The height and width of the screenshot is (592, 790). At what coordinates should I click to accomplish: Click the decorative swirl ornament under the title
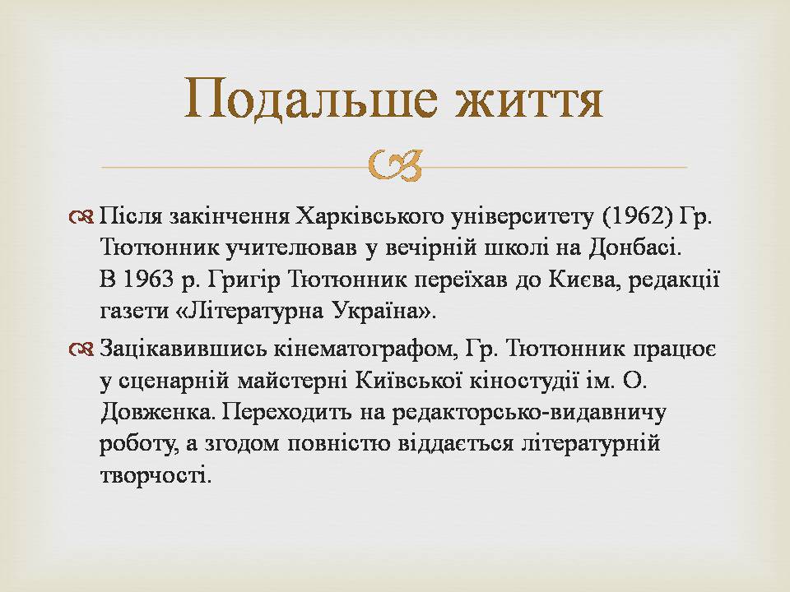tap(394, 165)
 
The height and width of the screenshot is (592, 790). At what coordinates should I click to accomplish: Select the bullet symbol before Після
tap(81, 217)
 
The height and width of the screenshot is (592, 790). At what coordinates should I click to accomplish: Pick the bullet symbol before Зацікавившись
tap(81, 349)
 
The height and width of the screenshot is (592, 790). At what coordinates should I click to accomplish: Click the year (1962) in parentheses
tap(637, 216)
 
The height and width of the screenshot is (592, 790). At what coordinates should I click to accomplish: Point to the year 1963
tap(149, 280)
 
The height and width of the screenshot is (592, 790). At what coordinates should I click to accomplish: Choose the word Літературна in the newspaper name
tap(250, 312)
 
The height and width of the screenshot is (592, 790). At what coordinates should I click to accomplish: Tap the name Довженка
tap(159, 413)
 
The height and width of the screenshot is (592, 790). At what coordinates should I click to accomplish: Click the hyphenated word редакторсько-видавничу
tap(528, 413)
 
